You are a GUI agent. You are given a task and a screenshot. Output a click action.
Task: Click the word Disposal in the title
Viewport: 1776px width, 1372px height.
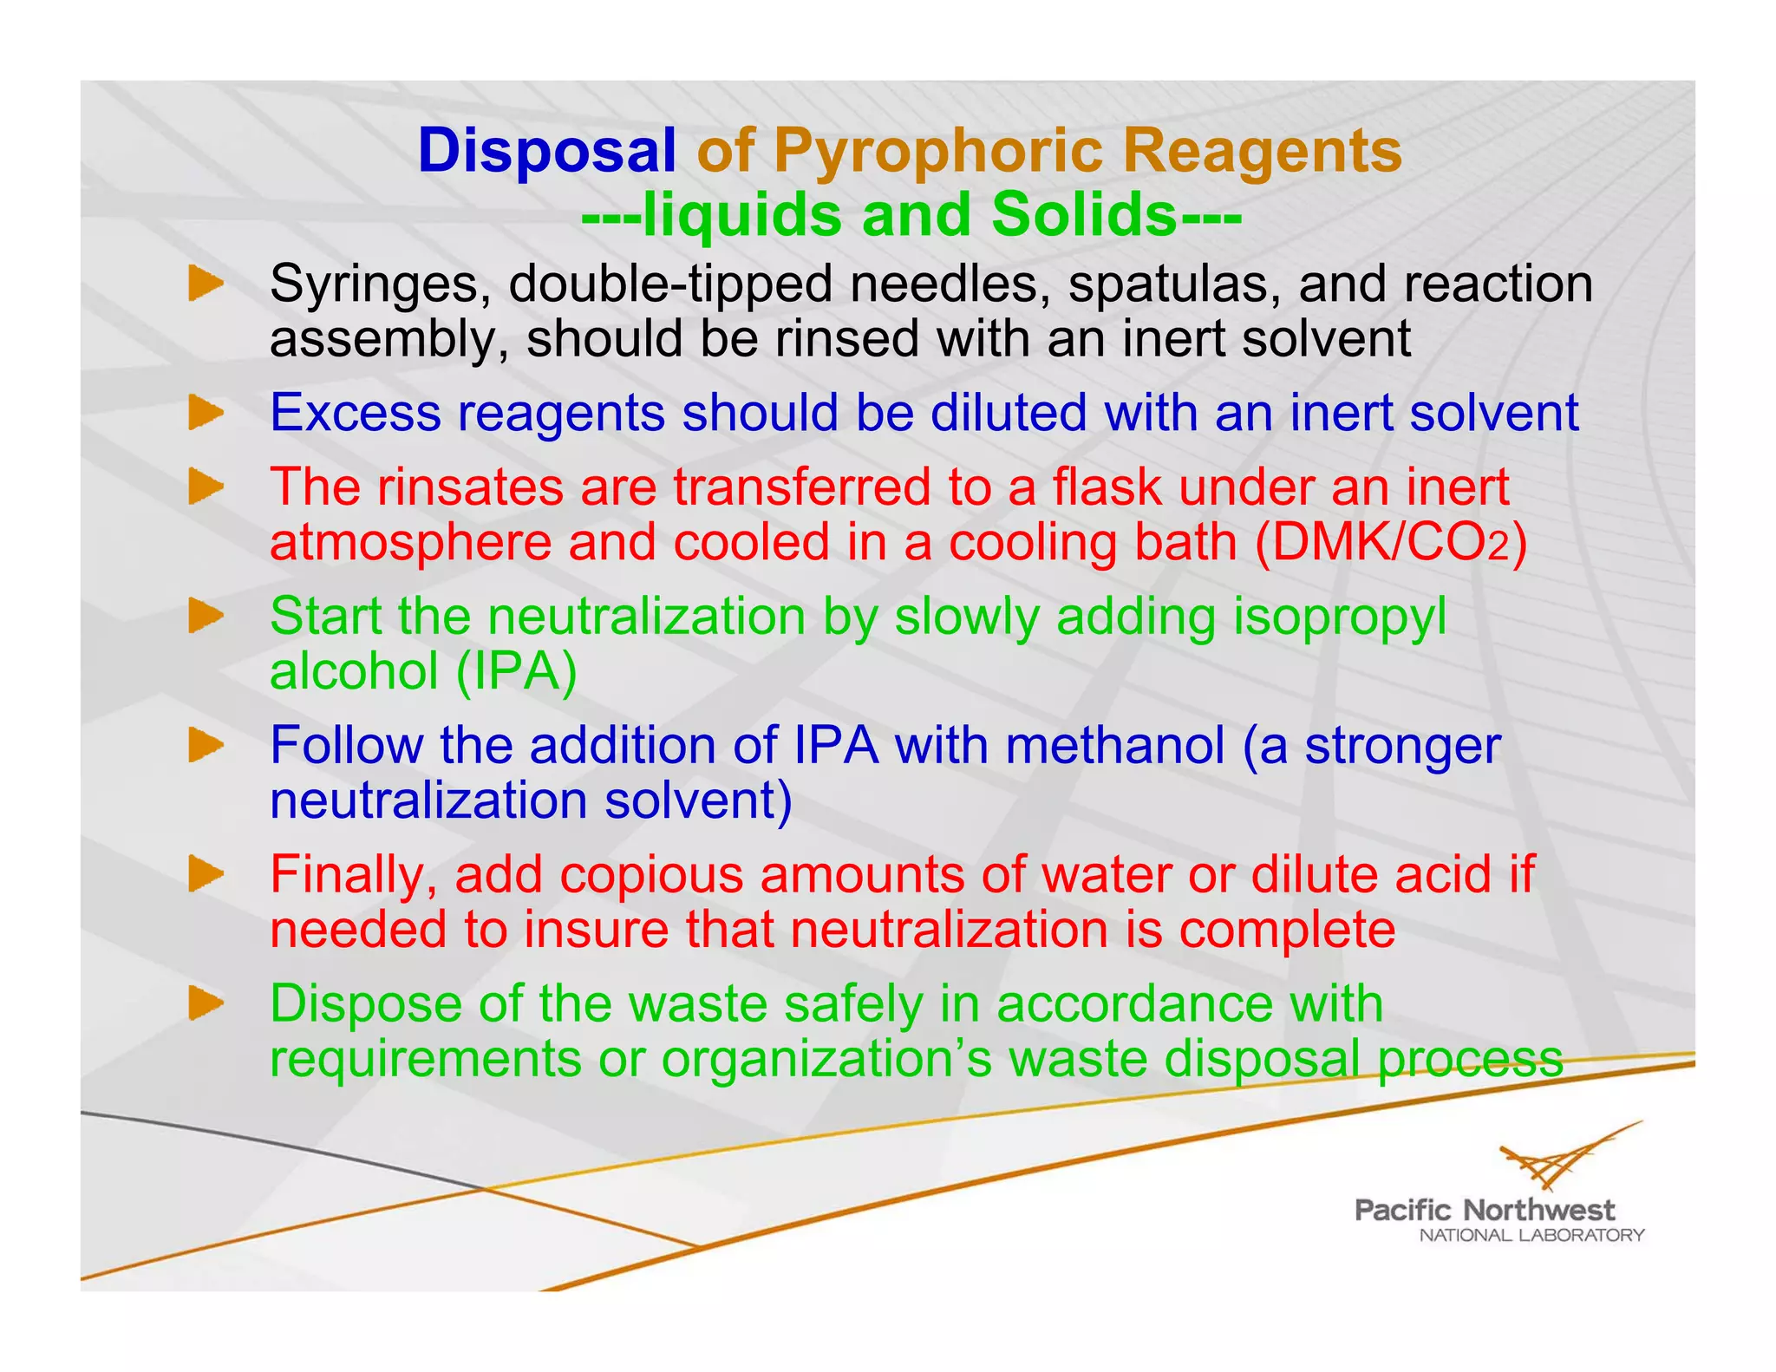pyautogui.click(x=546, y=151)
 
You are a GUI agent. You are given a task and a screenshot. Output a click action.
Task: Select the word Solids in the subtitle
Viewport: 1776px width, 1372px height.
pyautogui.click(x=1083, y=214)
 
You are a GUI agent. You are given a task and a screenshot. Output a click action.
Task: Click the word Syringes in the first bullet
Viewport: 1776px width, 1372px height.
pyautogui.click(x=380, y=285)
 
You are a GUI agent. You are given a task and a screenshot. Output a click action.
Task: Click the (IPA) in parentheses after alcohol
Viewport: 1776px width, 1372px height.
pyautogui.click(x=515, y=671)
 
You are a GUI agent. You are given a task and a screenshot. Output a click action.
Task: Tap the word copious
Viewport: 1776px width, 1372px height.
pyautogui.click(x=651, y=875)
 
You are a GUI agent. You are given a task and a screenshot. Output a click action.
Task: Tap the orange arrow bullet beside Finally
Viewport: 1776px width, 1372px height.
pyautogui.click(x=206, y=874)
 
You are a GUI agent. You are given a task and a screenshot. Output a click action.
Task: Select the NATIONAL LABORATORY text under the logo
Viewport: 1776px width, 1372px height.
pyautogui.click(x=1531, y=1235)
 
